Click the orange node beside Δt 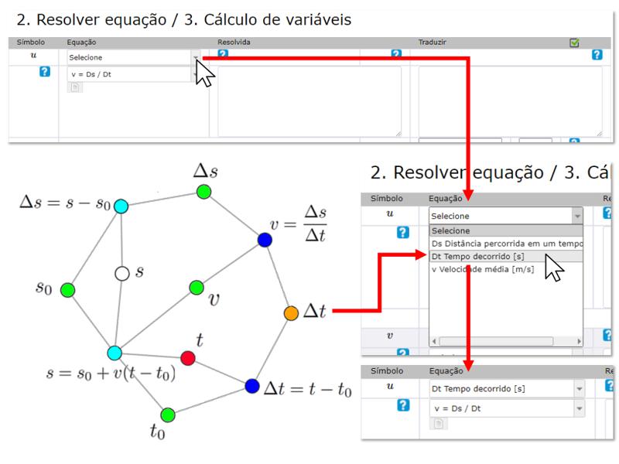point(291,313)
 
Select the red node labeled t point(188,358)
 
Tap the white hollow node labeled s point(122,273)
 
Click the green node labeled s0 point(68,290)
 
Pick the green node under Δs point(203,192)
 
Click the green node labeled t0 point(168,415)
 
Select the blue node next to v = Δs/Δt point(265,240)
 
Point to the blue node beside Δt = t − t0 point(252,386)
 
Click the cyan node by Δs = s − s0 point(121,206)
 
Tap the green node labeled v point(197,288)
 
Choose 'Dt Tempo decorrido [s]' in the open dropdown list point(477,257)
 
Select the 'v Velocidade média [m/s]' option point(483,269)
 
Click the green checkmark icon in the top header point(574,43)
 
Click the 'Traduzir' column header point(433,43)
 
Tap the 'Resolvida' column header point(234,43)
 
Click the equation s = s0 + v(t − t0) point(111,373)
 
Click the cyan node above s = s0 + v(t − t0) point(115,353)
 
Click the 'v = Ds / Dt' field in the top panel point(129,74)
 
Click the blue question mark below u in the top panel point(45,71)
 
